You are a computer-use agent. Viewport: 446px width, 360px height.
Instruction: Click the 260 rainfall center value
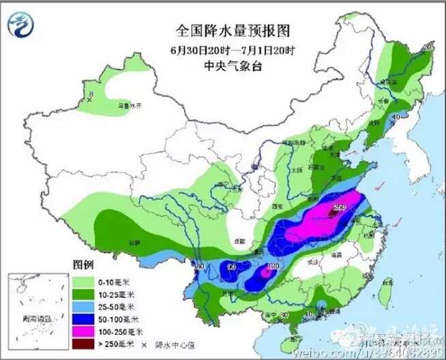point(339,207)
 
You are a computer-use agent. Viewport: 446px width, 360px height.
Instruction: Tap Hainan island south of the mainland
point(295,338)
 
